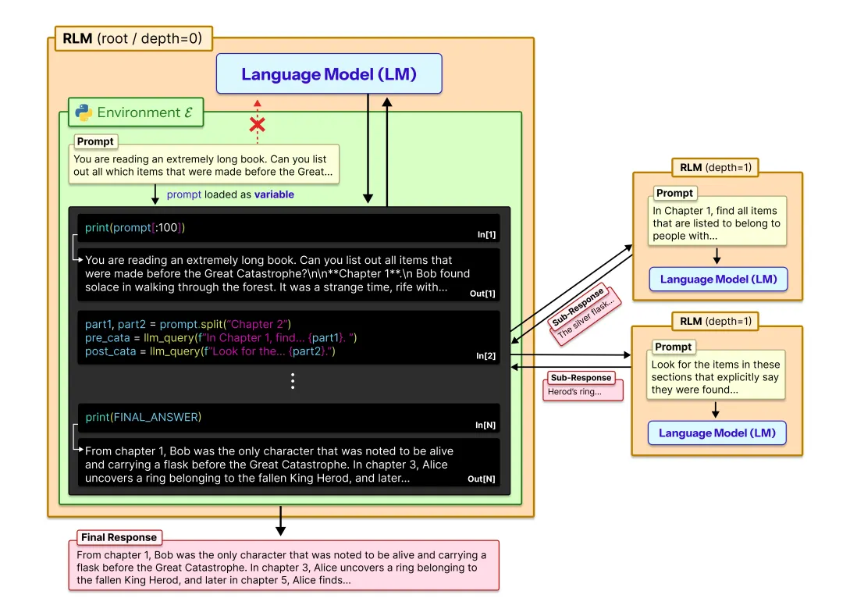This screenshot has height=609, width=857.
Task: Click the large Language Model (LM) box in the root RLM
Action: point(329,74)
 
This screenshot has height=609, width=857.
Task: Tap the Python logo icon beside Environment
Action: point(84,112)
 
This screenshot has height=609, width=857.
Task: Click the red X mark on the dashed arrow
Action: point(257,124)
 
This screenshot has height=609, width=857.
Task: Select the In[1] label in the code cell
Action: point(485,234)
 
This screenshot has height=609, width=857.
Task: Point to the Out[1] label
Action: point(482,294)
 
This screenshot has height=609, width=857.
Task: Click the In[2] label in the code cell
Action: point(485,356)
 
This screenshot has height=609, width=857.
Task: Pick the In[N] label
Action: point(485,425)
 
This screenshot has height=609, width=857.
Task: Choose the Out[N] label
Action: point(481,479)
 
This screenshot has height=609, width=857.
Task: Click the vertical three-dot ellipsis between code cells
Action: point(293,381)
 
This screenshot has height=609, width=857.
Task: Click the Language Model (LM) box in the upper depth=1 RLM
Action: point(718,280)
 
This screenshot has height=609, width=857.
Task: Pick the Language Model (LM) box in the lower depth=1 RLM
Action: point(717,433)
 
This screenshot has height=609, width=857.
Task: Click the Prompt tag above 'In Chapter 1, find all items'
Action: point(674,193)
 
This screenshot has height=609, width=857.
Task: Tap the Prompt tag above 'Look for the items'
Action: point(673,347)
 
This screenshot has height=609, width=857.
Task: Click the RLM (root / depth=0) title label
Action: point(133,37)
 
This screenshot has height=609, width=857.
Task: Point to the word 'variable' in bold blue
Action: point(274,194)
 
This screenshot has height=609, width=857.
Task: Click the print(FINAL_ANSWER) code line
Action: point(144,417)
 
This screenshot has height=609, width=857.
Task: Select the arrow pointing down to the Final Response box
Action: point(280,522)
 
